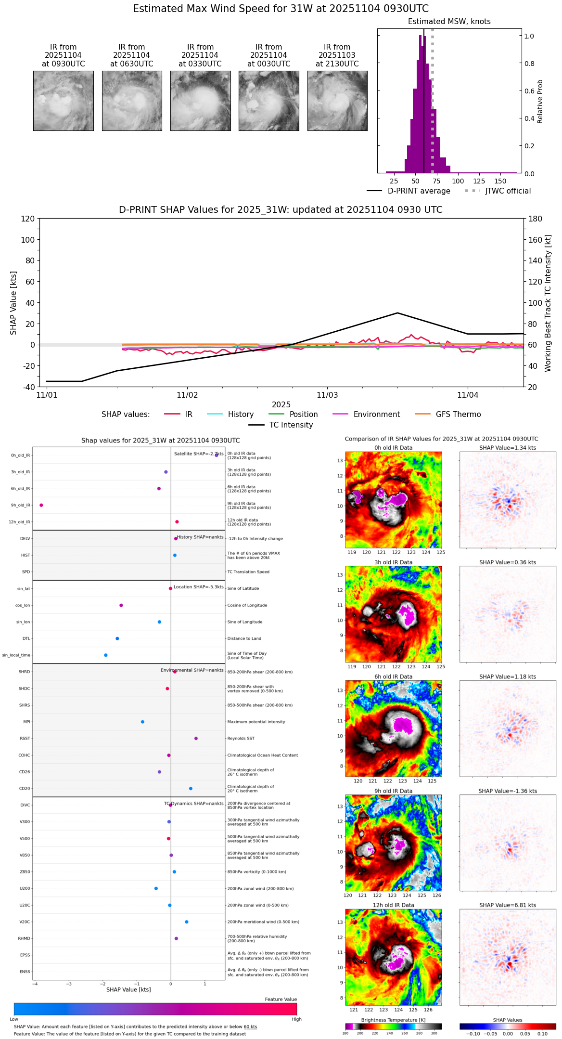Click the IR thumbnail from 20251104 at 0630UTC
(x=132, y=101)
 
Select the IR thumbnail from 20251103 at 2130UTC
(x=337, y=101)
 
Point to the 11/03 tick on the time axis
(x=327, y=395)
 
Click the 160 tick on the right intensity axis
(x=536, y=240)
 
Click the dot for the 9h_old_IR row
(x=41, y=505)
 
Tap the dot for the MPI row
(x=142, y=722)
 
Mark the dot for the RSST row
(x=196, y=738)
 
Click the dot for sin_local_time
(x=106, y=655)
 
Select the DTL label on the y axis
(x=26, y=638)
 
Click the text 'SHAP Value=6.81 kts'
(x=507, y=905)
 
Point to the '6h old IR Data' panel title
(x=393, y=676)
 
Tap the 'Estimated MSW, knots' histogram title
(x=449, y=22)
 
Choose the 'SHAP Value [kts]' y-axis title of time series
(x=13, y=303)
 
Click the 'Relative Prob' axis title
(x=540, y=102)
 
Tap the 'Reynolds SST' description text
(x=241, y=738)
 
